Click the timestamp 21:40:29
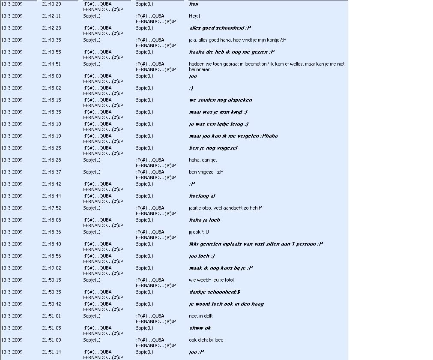[51, 4]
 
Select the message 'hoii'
[194, 4]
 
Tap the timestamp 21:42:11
[51, 16]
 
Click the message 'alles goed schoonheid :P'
[220, 28]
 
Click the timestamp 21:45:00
[51, 76]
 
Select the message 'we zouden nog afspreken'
[221, 100]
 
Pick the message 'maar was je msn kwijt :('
[218, 112]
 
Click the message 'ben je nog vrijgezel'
[213, 148]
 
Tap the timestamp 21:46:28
[51, 160]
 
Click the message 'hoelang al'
[202, 196]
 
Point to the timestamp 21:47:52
[51, 208]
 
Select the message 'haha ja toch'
[204, 220]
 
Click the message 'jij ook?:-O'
[199, 232]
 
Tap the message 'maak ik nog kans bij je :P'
[221, 268]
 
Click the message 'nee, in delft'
[201, 316]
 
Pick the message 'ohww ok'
[200, 328]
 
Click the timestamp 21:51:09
[51, 340]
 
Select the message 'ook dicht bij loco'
[206, 340]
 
